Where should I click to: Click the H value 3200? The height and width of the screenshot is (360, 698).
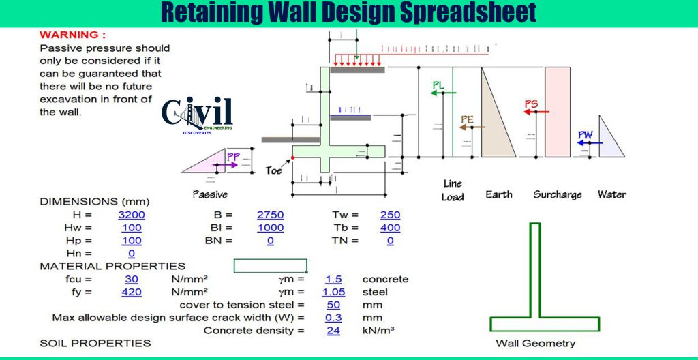pyautogui.click(x=132, y=215)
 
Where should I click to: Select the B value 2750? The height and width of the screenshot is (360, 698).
pyautogui.click(x=270, y=215)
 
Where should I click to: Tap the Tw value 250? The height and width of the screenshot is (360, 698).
pyautogui.click(x=390, y=215)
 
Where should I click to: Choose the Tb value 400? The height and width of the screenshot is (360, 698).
pyautogui.click(x=390, y=228)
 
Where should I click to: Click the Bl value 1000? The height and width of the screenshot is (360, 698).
pyautogui.click(x=270, y=228)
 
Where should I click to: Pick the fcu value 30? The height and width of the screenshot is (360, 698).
pyautogui.click(x=132, y=280)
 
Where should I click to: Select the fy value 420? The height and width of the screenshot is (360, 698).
pyautogui.click(x=132, y=292)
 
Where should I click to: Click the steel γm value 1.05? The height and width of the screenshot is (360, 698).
pyautogui.click(x=333, y=292)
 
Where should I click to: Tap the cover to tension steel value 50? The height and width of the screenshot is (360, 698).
pyautogui.click(x=333, y=305)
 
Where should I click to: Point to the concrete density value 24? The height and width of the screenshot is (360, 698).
pyautogui.click(x=333, y=331)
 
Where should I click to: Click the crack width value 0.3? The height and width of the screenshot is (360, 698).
pyautogui.click(x=333, y=318)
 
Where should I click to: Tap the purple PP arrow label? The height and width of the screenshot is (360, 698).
pyautogui.click(x=233, y=157)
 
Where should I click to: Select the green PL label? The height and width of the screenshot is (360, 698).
pyautogui.click(x=439, y=85)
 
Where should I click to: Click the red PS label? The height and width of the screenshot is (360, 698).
pyautogui.click(x=531, y=104)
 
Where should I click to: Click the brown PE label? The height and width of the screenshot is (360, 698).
pyautogui.click(x=467, y=119)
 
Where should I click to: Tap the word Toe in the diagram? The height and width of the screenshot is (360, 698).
pyautogui.click(x=274, y=170)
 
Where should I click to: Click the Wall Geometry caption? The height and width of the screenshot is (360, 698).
pyautogui.click(x=535, y=343)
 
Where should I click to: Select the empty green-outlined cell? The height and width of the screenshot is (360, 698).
pyautogui.click(x=271, y=266)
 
